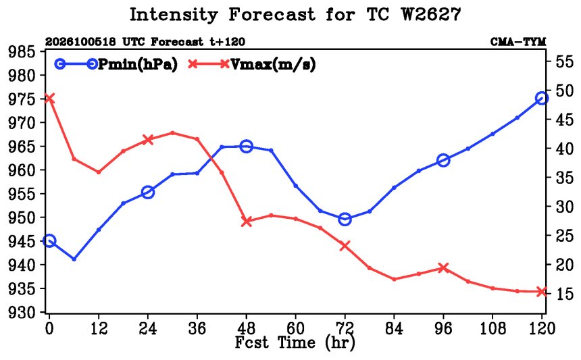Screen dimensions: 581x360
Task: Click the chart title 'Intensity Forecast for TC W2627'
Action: (x=295, y=15)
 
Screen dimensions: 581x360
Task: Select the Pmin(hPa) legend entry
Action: (x=116, y=64)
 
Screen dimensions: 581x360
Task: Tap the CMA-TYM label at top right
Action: (x=518, y=42)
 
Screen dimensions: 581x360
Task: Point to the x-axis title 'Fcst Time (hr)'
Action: (x=295, y=342)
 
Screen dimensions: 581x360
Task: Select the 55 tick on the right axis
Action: (x=565, y=61)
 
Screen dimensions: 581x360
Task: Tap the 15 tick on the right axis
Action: (x=565, y=293)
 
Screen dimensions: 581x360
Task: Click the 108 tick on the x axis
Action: (x=492, y=328)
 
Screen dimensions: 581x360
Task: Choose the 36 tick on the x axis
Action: (x=197, y=328)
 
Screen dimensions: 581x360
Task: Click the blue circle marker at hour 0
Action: (x=49, y=241)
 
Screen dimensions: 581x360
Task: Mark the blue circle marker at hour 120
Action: (x=542, y=99)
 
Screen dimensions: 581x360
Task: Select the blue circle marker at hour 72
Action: (x=345, y=220)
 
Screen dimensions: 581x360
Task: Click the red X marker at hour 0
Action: (x=49, y=99)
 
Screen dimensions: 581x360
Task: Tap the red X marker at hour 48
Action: (x=247, y=222)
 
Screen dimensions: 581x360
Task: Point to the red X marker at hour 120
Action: (x=542, y=292)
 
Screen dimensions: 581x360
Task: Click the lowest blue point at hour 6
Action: (x=74, y=259)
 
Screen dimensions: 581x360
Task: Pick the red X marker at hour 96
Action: (x=443, y=267)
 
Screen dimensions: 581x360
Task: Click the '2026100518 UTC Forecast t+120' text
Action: (x=145, y=42)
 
